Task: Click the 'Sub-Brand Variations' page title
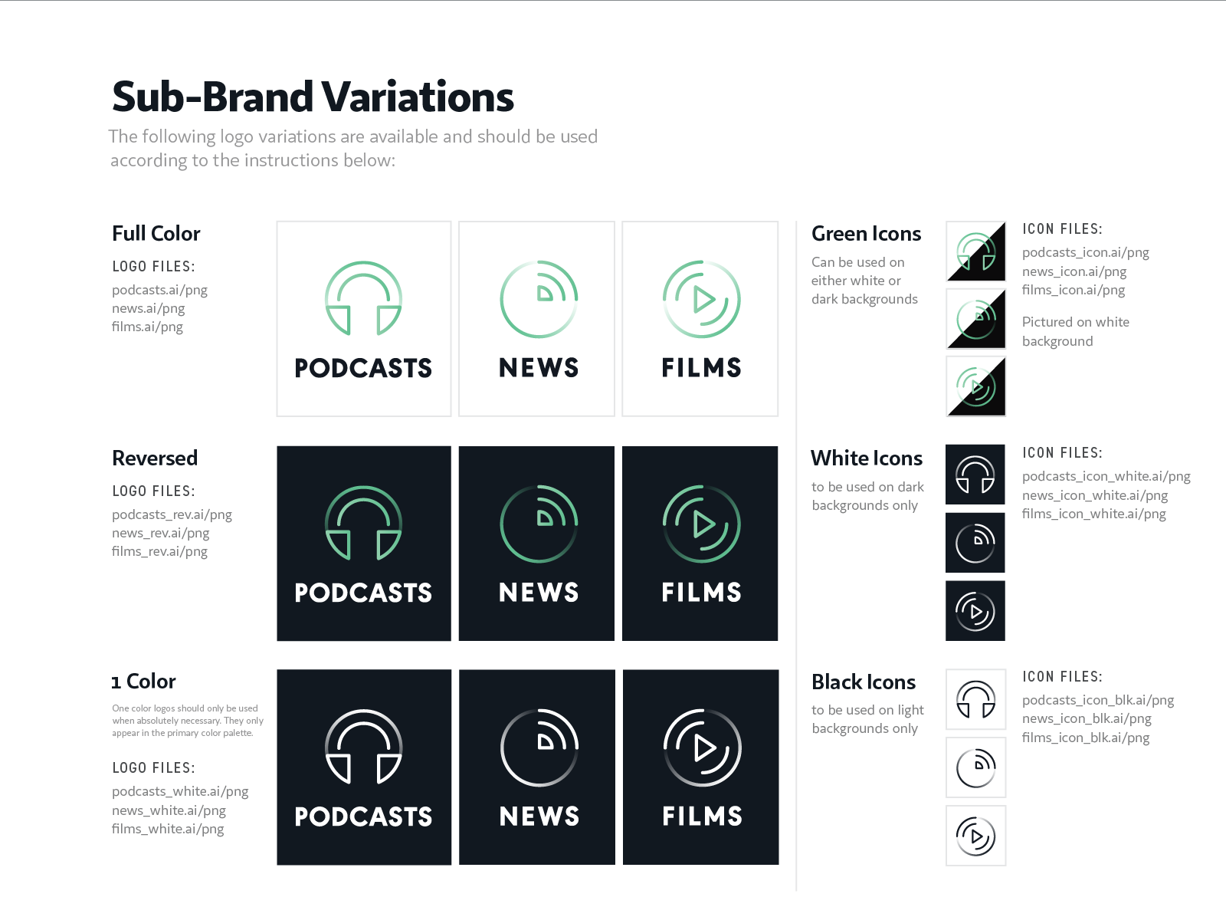312,96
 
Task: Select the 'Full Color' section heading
156,234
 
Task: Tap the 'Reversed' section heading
155,458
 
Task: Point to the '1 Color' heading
143,682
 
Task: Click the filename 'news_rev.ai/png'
161,533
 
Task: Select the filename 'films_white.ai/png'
168,829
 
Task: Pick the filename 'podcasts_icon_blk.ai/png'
1098,700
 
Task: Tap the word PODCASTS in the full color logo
363,368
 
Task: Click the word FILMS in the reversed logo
702,592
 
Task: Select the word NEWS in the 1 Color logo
539,816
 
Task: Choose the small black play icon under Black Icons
975,836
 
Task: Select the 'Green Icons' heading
867,234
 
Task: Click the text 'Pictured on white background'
1076,331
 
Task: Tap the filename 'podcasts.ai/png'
159,290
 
